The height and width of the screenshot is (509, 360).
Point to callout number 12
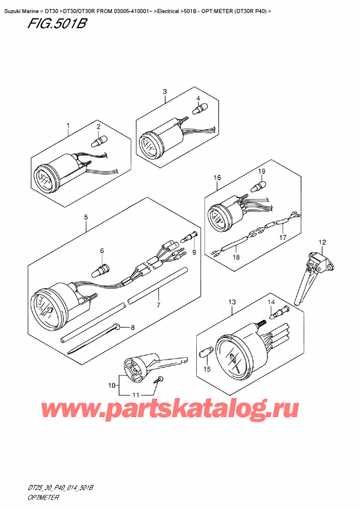click(x=322, y=242)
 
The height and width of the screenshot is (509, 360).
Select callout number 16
click(x=217, y=178)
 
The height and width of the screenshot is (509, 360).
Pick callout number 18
click(x=235, y=256)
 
